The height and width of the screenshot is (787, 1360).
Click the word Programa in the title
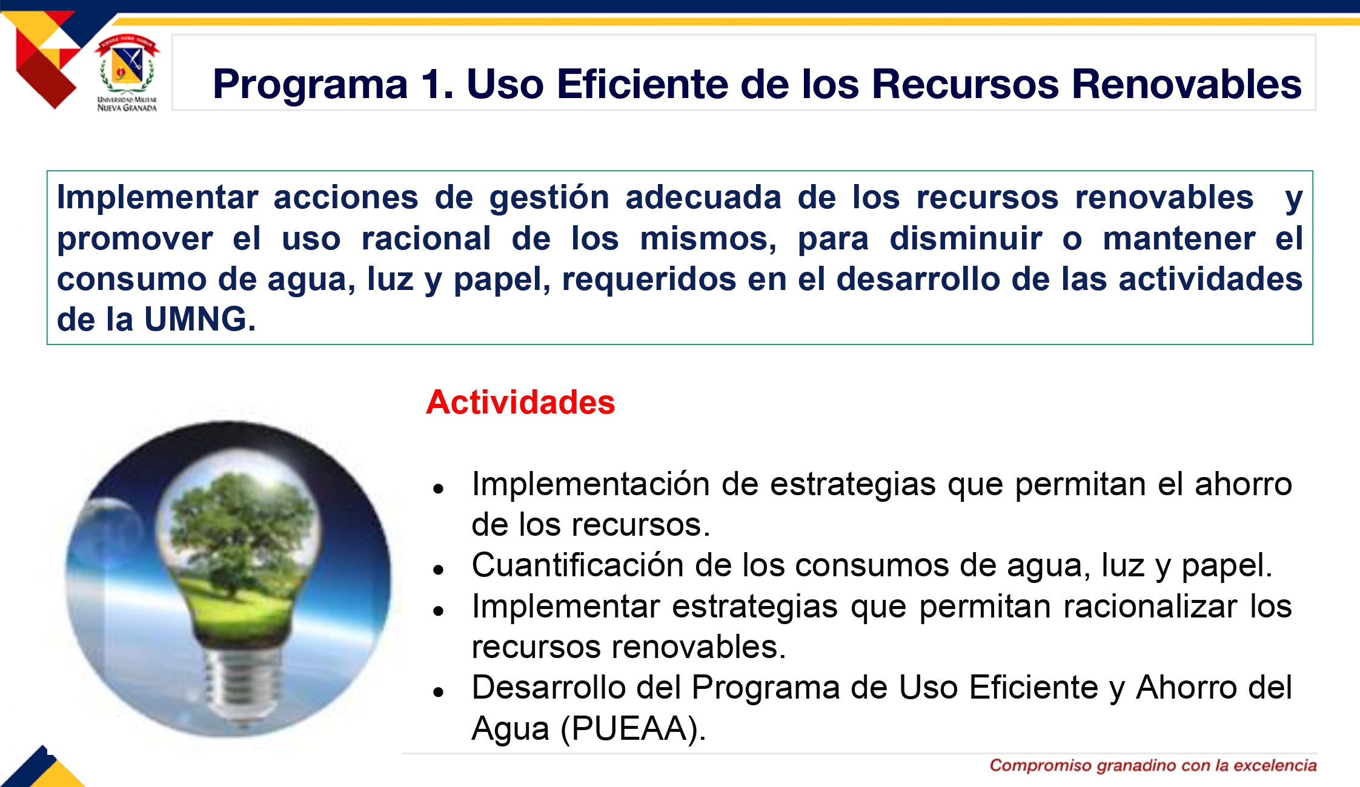pos(311,84)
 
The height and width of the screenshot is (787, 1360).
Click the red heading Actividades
pos(520,402)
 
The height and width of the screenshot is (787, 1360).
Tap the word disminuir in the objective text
pos(966,238)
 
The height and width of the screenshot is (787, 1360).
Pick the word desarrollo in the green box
pos(918,279)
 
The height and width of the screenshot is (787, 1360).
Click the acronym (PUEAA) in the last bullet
pos(633,728)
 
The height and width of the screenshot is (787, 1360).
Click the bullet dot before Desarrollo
pos(439,692)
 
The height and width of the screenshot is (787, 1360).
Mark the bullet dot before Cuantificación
pos(439,569)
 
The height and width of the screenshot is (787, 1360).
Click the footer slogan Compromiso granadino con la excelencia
pos(1153,765)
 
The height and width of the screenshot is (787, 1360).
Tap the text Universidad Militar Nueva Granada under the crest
pos(127,104)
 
